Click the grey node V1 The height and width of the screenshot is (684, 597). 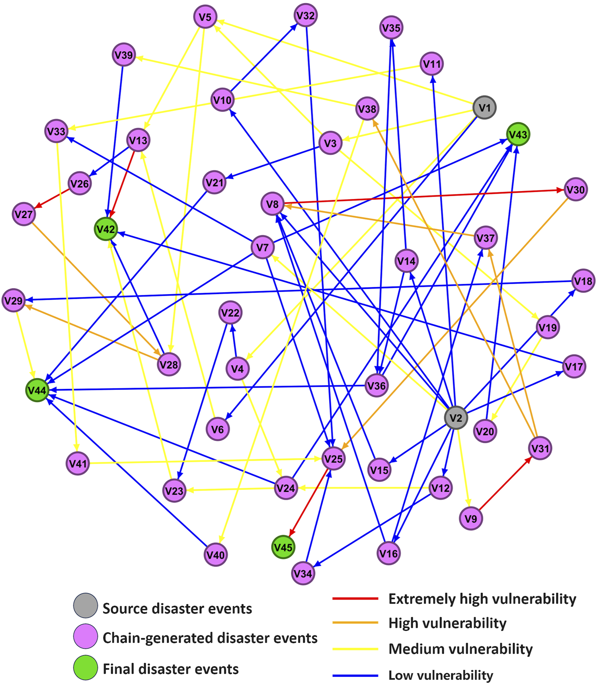484,107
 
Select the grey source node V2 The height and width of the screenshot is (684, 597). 456,418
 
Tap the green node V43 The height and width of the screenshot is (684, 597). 518,134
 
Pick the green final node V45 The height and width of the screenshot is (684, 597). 283,547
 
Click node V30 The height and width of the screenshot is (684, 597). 576,190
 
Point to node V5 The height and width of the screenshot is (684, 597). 205,17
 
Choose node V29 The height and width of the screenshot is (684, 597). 14,300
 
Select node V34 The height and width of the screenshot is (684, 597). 303,573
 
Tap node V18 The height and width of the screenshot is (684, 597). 583,281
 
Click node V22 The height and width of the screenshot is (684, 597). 230,313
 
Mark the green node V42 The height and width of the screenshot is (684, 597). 106,229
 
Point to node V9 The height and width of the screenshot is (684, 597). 471,518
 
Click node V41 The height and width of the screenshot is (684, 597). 78,463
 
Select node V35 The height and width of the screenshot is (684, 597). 391,27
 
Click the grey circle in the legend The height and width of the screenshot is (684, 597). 86,605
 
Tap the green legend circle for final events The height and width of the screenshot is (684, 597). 86,667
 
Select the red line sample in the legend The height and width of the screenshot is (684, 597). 355,598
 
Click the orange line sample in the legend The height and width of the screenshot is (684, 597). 355,623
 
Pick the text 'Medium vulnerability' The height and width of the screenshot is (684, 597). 460,649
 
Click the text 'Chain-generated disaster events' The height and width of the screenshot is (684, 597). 210,638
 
